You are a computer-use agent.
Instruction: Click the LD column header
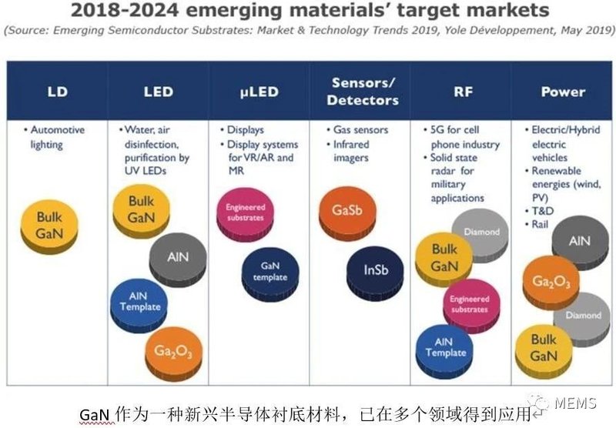[58, 92]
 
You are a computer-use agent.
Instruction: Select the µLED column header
[259, 92]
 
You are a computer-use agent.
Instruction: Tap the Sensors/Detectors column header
[360, 92]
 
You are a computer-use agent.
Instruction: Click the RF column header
[460, 92]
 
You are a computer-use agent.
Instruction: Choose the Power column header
[562, 92]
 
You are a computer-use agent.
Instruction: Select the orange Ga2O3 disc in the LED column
[172, 351]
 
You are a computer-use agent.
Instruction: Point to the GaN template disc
[269, 272]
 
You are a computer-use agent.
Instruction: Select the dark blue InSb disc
[378, 271]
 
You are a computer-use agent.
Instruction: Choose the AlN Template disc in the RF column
[444, 347]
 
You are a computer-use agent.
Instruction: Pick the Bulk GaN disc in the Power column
[543, 349]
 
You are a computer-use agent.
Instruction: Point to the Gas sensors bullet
[360, 130]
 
